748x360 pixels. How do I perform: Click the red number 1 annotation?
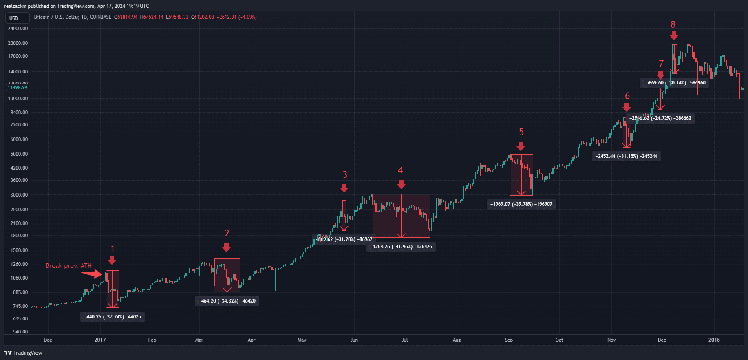[x=113, y=249]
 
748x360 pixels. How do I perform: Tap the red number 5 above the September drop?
[x=521, y=132]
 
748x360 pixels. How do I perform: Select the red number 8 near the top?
[x=673, y=24]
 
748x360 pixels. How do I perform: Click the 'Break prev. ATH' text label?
[x=68, y=266]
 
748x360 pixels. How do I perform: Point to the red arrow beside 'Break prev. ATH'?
[x=93, y=274]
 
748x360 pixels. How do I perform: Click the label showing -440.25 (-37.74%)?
[x=113, y=317]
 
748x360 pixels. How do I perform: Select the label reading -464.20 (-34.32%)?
[x=227, y=301]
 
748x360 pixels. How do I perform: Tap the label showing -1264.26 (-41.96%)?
[x=401, y=247]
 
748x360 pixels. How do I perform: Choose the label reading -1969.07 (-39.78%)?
[x=521, y=204]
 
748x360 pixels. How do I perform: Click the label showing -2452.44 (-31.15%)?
[x=627, y=156]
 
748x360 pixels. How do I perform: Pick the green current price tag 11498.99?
[x=18, y=88]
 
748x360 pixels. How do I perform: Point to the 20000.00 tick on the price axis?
[x=18, y=43]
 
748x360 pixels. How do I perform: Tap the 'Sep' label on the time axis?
[x=509, y=340]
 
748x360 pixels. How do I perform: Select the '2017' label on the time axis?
[x=100, y=340]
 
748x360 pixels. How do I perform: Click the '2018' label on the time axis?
[x=714, y=340]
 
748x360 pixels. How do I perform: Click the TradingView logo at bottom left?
[x=23, y=353]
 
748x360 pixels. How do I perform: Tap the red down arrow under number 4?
[x=401, y=185]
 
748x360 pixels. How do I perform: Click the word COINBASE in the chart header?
[x=100, y=17]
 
